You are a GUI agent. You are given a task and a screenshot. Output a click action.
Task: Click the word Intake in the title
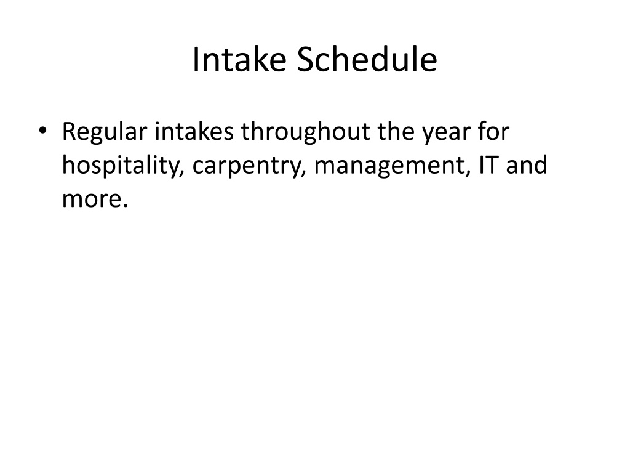[x=239, y=60]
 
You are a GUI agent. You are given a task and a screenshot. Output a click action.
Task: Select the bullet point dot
[x=42, y=131]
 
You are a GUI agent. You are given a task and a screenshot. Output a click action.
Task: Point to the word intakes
[x=194, y=131]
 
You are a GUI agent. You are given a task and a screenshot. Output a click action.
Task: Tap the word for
[x=493, y=131]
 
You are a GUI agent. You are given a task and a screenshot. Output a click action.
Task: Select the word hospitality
[x=121, y=166]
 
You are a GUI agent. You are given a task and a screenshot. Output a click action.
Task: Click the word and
[x=527, y=164]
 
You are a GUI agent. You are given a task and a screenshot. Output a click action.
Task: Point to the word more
[x=91, y=200]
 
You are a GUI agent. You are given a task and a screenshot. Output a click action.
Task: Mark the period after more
[x=125, y=206]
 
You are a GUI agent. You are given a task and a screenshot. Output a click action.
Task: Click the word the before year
[x=396, y=131]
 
